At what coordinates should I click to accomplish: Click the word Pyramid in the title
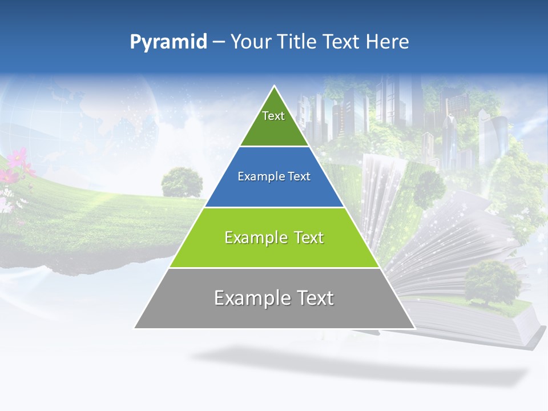[x=168, y=42]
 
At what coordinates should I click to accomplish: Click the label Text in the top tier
[x=273, y=116]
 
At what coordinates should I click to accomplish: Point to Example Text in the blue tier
[x=274, y=176]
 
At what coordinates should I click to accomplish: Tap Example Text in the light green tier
[x=274, y=237]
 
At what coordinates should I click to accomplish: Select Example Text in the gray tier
[x=274, y=298]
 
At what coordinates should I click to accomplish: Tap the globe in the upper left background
[x=114, y=114]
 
